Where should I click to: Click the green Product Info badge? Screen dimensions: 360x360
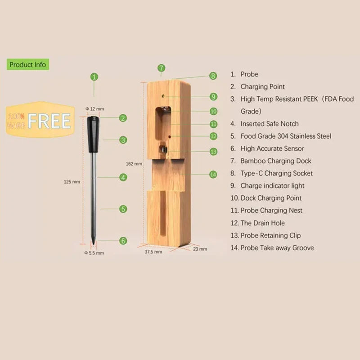coord(27,64)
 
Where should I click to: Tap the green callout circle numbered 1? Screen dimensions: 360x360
coord(94,77)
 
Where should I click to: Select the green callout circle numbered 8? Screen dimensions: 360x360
coord(213,76)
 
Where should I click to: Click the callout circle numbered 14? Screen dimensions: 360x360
coord(213,174)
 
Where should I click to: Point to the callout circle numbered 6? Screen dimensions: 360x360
coord(123,241)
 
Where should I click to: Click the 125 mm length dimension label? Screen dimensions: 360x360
coord(72,182)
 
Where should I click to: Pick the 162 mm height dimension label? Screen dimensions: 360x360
coord(135,164)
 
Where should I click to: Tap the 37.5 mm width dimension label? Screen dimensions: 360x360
coord(153,252)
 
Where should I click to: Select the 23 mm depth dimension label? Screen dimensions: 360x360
coord(200,248)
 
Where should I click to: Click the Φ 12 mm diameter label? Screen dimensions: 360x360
coord(94,109)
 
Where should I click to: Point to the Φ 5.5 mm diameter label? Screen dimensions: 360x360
coord(94,253)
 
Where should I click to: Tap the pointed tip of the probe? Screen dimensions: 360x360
coord(94,243)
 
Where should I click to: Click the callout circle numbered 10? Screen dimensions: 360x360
coord(213,111)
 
